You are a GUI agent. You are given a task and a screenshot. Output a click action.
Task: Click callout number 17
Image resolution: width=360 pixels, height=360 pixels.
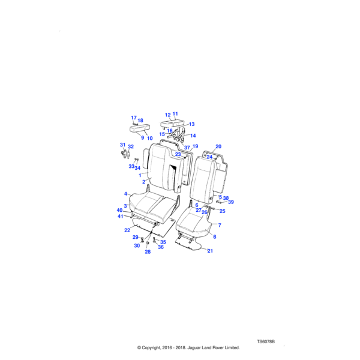click(x=134, y=118)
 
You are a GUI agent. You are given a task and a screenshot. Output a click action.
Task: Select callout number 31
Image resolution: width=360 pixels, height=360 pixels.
click(x=122, y=145)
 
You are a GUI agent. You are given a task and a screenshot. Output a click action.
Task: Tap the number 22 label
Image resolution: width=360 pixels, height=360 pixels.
click(x=127, y=230)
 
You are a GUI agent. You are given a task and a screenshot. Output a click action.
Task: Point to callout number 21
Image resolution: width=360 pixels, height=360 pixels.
click(x=210, y=251)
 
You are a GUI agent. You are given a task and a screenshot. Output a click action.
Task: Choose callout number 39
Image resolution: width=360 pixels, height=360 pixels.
click(x=231, y=202)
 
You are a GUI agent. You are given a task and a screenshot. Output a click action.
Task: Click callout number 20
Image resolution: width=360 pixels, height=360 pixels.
click(x=218, y=146)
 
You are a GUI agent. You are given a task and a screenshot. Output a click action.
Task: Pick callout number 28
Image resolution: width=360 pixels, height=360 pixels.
click(x=148, y=252)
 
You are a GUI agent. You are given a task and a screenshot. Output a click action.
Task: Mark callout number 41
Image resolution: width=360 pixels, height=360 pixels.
click(x=120, y=216)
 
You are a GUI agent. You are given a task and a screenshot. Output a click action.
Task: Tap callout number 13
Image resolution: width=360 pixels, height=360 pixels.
click(x=192, y=124)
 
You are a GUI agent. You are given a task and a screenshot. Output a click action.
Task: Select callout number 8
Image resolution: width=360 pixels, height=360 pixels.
click(x=215, y=237)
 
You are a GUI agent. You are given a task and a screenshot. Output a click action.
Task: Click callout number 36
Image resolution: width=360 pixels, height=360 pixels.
click(x=161, y=247)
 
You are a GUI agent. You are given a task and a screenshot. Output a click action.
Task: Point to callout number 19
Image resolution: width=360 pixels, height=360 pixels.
click(x=194, y=146)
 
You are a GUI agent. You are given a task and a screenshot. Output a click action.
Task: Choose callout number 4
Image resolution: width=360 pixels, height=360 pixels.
click(x=126, y=194)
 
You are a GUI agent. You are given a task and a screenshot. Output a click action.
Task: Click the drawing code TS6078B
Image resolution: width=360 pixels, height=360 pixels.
click(x=266, y=341)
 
